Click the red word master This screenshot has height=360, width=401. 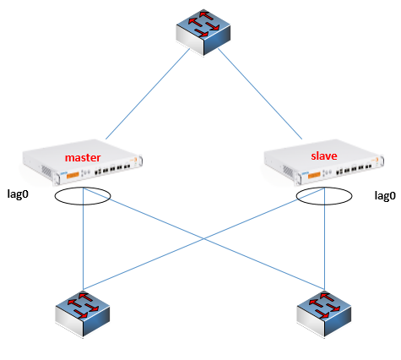pyautogui.click(x=83, y=158)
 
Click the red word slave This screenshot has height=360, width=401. pyautogui.click(x=324, y=155)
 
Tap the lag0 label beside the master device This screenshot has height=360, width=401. pyautogui.click(x=18, y=194)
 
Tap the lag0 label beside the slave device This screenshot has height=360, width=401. pyautogui.click(x=385, y=195)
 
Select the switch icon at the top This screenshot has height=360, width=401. pyautogui.click(x=203, y=33)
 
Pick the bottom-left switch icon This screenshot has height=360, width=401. pyautogui.click(x=83, y=314)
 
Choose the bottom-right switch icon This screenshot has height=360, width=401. pyautogui.click(x=324, y=314)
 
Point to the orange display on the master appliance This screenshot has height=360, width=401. pyautogui.click(x=73, y=175)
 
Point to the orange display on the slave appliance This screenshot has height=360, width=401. pyautogui.click(x=314, y=176)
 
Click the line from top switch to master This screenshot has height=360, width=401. pyautogui.click(x=148, y=94)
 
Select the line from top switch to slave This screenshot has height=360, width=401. pyautogui.click(x=260, y=94)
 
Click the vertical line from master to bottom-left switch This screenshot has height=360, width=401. pyautogui.click(x=84, y=239)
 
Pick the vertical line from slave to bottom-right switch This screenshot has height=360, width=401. pyautogui.click(x=325, y=239)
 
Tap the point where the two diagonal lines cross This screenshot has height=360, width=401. pyautogui.click(x=204, y=239)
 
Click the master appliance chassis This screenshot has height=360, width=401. pyautogui.click(x=83, y=162)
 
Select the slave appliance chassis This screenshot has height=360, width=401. pyautogui.click(x=324, y=162)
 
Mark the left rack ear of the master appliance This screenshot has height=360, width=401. pyautogui.click(x=57, y=178)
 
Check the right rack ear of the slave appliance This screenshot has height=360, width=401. pyautogui.click(x=382, y=161)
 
